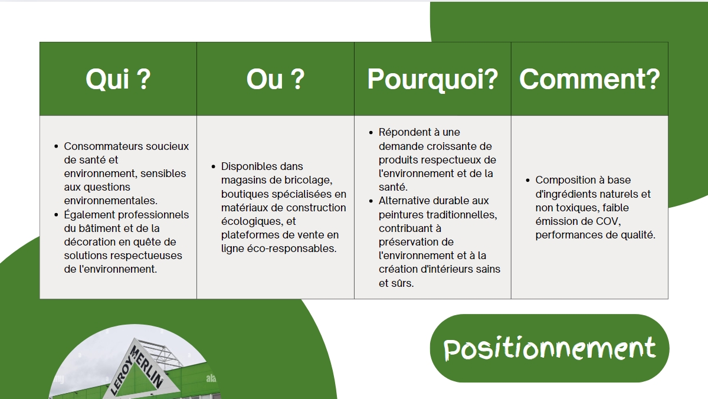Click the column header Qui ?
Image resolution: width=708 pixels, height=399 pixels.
pyautogui.click(x=118, y=79)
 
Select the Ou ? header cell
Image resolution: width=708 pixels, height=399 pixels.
pyautogui.click(x=276, y=79)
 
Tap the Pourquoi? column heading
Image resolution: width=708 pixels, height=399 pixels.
pyautogui.click(x=432, y=80)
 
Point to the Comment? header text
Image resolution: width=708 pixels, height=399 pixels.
pyautogui.click(x=589, y=79)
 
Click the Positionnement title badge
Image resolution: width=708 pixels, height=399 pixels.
pyautogui.click(x=549, y=348)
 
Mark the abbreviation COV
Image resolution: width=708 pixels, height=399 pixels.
pyautogui.click(x=608, y=221)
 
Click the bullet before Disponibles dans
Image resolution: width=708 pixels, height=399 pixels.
pyautogui.click(x=214, y=166)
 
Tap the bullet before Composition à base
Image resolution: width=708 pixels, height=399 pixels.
pyautogui.click(x=527, y=180)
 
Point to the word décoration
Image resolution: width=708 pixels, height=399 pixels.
pyautogui.click(x=88, y=242)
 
